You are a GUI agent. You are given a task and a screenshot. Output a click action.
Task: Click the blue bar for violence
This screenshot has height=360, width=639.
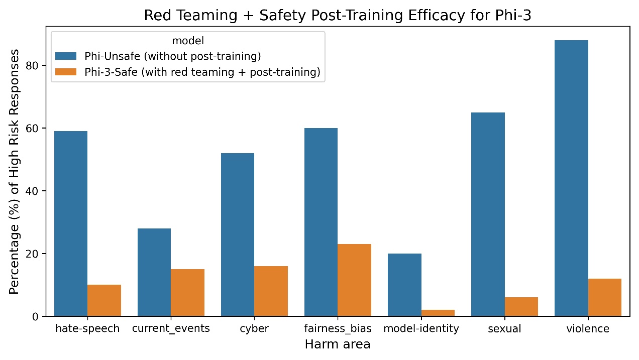click(571, 178)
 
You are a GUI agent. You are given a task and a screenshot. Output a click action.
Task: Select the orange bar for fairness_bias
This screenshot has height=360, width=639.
click(354, 280)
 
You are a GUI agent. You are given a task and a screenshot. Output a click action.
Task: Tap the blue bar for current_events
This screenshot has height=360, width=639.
click(154, 272)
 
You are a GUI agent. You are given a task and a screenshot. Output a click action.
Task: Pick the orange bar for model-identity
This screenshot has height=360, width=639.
click(438, 313)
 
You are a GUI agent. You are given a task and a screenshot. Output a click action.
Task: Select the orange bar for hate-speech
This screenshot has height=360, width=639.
click(104, 300)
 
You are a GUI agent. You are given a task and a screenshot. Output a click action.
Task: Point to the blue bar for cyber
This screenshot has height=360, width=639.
click(238, 234)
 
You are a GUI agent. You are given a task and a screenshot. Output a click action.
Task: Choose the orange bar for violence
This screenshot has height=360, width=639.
click(604, 297)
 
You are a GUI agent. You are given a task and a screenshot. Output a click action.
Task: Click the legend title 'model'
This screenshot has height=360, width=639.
click(188, 40)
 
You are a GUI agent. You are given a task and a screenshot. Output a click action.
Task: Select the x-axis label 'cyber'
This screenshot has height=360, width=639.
click(254, 329)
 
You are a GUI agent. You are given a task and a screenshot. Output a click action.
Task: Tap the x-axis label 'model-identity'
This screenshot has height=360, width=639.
click(421, 329)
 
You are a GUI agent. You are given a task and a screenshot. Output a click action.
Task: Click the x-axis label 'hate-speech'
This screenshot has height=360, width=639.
click(87, 329)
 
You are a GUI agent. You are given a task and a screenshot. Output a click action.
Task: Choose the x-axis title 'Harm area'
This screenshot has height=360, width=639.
click(338, 344)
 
